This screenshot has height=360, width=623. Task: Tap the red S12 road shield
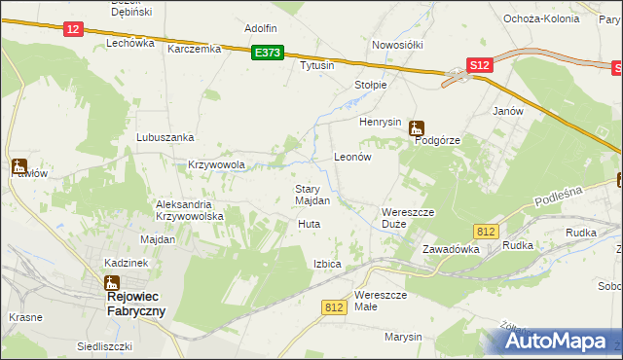478,65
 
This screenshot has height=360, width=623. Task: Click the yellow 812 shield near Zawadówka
488,231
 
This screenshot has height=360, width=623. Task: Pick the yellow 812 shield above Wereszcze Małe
334,306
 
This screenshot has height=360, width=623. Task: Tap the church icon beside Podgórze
417,126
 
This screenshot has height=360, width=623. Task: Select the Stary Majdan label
312,195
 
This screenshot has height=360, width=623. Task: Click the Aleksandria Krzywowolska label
191,210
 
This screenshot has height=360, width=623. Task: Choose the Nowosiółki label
395,45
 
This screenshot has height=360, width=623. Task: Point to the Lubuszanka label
165,138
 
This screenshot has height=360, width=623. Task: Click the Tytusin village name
317,65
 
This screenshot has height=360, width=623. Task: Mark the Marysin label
403,337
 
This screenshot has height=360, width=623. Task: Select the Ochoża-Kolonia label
541,18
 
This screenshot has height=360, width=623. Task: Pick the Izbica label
327,264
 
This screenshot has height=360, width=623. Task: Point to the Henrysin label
381,122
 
